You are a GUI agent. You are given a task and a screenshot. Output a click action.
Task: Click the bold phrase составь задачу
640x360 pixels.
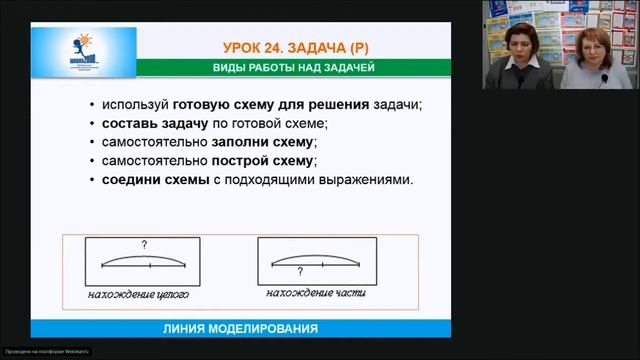[x=144, y=123]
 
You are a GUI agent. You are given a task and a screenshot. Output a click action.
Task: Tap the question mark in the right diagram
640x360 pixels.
[x=299, y=271]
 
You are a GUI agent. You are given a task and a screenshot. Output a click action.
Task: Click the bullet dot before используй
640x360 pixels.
[x=92, y=105]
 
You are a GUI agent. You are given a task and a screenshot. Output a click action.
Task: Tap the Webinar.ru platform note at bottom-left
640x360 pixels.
[x=46, y=351]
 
